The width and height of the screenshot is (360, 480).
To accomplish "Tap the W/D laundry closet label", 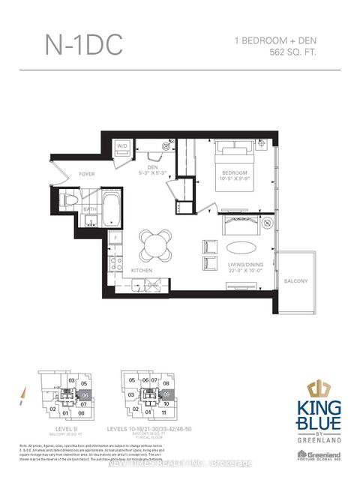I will [x=121, y=147].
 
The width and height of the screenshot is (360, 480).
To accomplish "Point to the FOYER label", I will [x=87, y=173].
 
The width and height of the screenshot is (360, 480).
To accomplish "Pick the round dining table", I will [x=154, y=244].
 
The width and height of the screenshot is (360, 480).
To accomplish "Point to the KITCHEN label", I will [x=141, y=270].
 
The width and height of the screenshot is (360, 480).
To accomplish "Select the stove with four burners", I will [x=116, y=262].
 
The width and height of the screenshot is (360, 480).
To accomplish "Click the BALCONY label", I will [x=295, y=280].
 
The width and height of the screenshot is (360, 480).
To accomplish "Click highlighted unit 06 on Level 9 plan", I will [x=85, y=394].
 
